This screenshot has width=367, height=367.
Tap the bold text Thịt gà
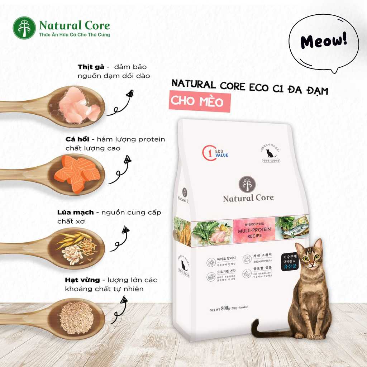(x=91, y=67)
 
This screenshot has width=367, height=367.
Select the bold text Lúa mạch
(x=76, y=213)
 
